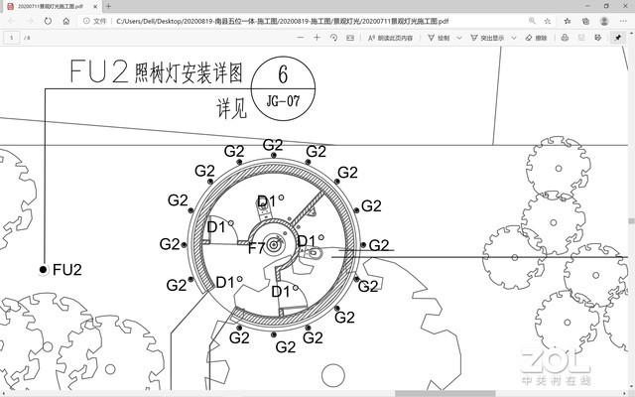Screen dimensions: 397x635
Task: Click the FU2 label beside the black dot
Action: coord(66,269)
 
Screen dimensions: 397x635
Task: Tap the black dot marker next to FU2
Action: coord(43,269)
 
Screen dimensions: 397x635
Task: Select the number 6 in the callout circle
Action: coord(283,74)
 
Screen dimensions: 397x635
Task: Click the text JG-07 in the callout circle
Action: coord(283,100)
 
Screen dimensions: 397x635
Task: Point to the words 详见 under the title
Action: coord(230,107)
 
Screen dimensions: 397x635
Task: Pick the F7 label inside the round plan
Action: coord(256,247)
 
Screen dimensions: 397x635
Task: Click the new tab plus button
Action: coord(109,6)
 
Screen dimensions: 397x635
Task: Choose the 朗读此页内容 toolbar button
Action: coord(391,38)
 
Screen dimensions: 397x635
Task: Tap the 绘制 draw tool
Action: coord(437,38)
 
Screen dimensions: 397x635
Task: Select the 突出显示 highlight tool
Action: coord(486,38)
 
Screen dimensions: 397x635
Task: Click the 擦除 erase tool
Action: coord(535,38)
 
